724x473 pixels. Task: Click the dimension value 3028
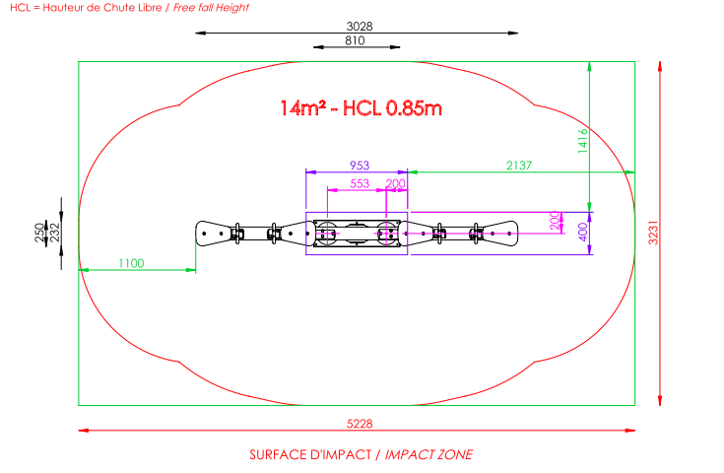coord(360,27)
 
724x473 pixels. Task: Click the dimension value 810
coord(355,40)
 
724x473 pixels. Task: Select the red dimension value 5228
coord(360,424)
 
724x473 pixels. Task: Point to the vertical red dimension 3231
coord(653,233)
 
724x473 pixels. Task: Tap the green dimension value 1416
coord(583,140)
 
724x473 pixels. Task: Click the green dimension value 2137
coord(519,166)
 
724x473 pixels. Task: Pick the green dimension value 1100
coord(131,263)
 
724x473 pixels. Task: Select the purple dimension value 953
coord(360,166)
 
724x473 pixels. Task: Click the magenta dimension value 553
coord(360,184)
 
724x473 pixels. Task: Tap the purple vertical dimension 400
coord(583,232)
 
